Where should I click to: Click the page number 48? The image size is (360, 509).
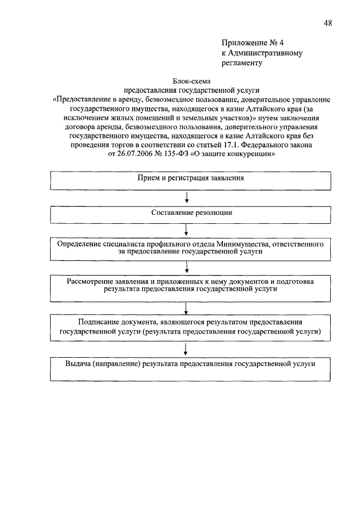327,22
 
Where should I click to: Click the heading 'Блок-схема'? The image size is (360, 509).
191,81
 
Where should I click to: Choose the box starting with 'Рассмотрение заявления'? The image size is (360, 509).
191,286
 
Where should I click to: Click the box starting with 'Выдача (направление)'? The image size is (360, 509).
191,368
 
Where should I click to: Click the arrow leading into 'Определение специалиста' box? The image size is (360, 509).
186,231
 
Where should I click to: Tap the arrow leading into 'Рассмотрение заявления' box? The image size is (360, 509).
186,268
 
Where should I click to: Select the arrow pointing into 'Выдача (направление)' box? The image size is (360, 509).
186,350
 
